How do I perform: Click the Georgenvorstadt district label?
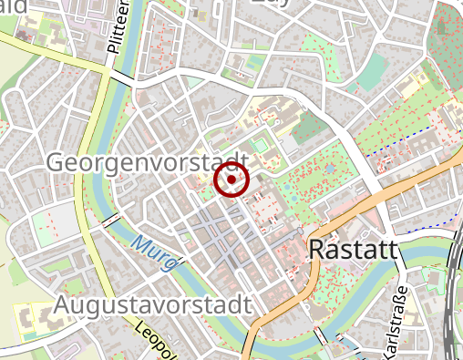[x=147, y=162]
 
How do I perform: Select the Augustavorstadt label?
[x=152, y=303]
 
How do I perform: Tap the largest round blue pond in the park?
[x=328, y=170]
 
